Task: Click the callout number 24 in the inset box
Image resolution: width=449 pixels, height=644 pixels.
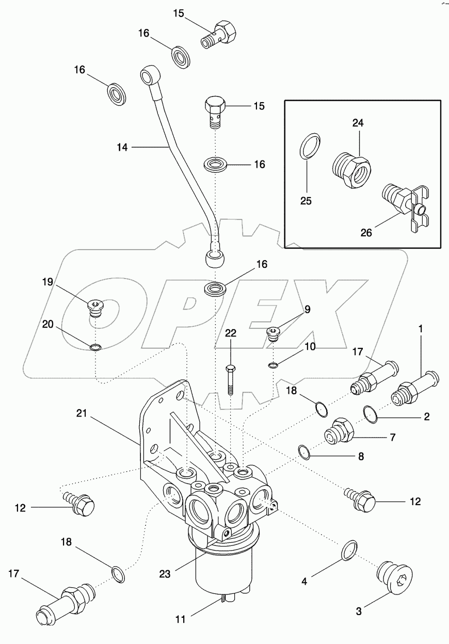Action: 358,123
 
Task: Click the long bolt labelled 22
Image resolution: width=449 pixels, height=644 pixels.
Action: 231,379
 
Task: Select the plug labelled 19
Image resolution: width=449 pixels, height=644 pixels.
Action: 95,308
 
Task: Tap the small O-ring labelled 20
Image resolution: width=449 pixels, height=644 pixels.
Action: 94,347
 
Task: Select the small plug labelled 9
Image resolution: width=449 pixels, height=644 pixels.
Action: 272,333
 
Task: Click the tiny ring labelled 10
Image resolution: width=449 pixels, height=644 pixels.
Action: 273,366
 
